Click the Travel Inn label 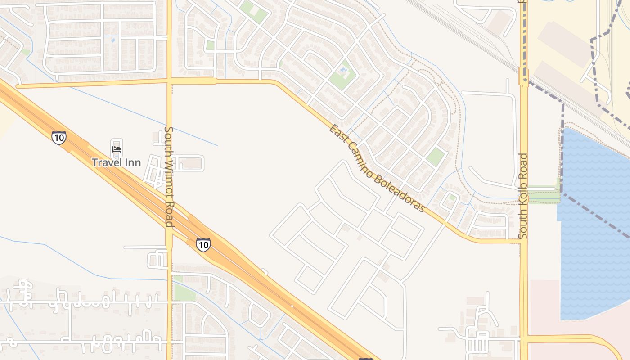[117, 162]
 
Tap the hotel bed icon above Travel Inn [117, 149]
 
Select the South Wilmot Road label [169, 176]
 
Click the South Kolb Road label [523, 196]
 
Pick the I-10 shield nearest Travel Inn [58, 138]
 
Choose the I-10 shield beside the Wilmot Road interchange [203, 244]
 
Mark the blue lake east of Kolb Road [594, 225]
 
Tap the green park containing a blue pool [342, 73]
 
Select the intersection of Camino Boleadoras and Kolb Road [523, 241]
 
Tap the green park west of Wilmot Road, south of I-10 [184, 292]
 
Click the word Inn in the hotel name [134, 162]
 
